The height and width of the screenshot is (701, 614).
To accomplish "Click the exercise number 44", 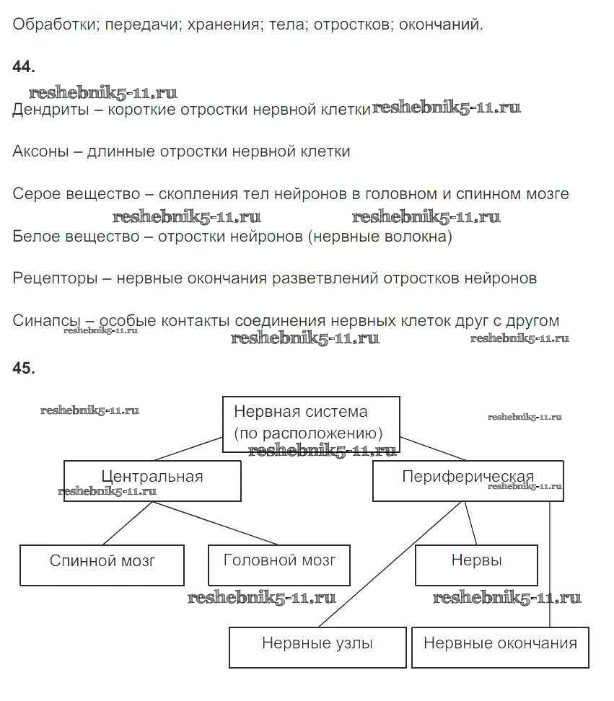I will pos(23,66).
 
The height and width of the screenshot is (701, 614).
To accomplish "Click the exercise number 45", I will pos(23,368).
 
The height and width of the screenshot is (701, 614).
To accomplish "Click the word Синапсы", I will pos(48,321).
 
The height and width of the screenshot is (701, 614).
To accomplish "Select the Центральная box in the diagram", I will pos(152,481).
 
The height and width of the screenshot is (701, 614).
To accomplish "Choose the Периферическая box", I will pos(468,481).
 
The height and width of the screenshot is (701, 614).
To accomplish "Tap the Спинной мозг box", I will pos(102,565).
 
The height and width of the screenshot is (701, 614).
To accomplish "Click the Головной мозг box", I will pos(279,565).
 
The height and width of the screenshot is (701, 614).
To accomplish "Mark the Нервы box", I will pos(476,565).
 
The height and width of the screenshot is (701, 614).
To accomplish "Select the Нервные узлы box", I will pos(317,647).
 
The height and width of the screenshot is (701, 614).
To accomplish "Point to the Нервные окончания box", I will pos(500,647).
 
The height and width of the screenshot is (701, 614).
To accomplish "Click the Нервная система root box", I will pos(310,424).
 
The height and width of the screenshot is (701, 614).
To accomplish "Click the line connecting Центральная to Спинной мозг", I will pos(128,523).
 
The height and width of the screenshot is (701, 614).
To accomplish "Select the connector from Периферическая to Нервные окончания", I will pos(550,563).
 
